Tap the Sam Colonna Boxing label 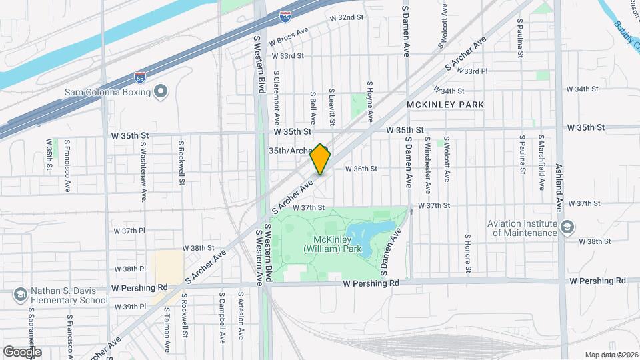[108, 92]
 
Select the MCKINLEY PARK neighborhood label [445, 105]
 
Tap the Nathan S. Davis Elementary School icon [20, 294]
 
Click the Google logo [22, 351]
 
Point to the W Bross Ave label [289, 31]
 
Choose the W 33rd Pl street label [476, 71]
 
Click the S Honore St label [468, 254]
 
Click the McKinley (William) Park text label [331, 244]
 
